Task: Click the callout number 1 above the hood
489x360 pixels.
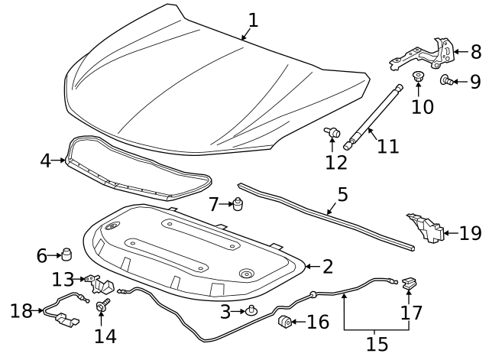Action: pos(252,20)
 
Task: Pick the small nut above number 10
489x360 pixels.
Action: pos(418,77)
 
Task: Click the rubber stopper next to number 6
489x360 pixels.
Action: pos(66,253)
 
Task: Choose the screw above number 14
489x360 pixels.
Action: pos(100,306)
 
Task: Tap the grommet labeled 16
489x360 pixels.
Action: pos(286,322)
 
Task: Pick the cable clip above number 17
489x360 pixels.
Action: pos(410,284)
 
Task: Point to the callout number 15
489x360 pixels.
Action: pos(377,344)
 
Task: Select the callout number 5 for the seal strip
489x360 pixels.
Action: pos(342,194)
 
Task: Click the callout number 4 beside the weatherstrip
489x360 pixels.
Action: pos(45,161)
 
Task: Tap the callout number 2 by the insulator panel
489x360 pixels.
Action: pos(327,267)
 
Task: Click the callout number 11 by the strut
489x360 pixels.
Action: pos(387,145)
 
